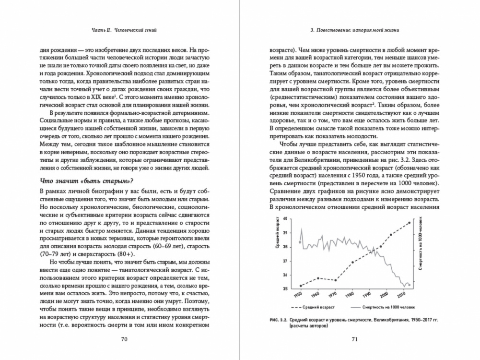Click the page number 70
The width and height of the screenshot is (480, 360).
(123, 339)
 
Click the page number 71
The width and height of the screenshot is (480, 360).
(355, 339)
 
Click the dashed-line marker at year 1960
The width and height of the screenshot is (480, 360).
(318, 278)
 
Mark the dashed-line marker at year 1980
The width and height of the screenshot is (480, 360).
(352, 262)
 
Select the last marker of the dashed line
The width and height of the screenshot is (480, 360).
(409, 222)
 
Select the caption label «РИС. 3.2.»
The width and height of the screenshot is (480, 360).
(281, 320)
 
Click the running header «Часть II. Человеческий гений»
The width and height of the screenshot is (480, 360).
(124, 31)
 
